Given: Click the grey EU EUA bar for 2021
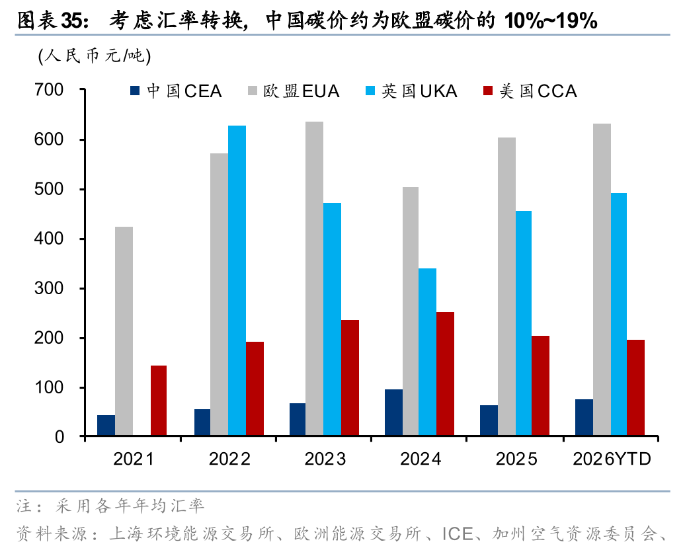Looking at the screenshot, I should click(124, 331).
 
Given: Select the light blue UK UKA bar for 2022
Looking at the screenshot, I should click(237, 281).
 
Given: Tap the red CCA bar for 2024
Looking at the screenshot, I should click(445, 373).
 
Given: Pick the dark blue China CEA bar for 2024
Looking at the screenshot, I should click(393, 412).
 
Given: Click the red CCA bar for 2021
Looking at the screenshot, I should click(159, 401).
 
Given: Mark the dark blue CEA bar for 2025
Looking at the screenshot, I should click(489, 420).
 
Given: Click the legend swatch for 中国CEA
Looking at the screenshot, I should click(136, 91).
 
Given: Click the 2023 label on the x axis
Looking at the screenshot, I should click(325, 459).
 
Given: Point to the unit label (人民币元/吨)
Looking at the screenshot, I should click(95, 56).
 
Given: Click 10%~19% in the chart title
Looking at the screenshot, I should click(550, 21).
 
